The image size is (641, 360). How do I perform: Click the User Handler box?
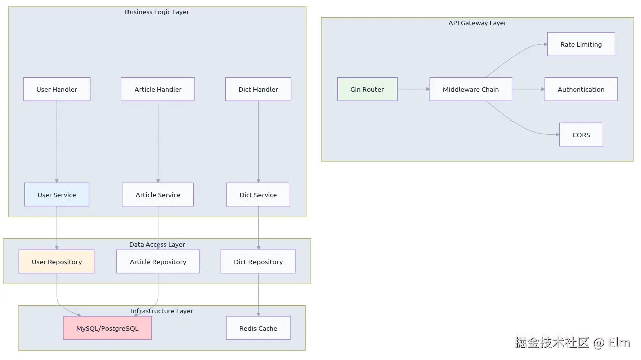pos(57,89)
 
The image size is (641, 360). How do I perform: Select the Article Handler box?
pos(158,89)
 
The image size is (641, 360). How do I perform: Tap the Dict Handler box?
pos(258,89)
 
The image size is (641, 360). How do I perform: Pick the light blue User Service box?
pos(57,195)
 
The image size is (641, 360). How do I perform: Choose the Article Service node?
pos(158,195)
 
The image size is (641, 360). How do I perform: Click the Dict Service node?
pos(258,195)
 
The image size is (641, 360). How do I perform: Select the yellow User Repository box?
pos(57,262)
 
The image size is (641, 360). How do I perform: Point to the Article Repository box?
pos(158,262)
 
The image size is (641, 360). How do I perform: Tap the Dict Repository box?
pos(258,262)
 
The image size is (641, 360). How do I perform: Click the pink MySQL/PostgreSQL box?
pos(107,328)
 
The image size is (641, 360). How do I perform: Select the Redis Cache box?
pos(258,328)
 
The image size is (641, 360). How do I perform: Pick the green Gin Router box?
pos(367,89)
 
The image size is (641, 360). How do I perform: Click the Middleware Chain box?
pos(470,89)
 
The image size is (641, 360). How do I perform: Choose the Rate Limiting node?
pos(581,44)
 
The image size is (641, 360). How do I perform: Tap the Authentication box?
pos(581,89)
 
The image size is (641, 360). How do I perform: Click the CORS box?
pos(581,135)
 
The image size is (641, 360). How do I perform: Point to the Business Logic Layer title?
pos(157,12)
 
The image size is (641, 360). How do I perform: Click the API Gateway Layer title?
pos(477,23)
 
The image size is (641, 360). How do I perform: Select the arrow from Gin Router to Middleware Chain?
pos(413,89)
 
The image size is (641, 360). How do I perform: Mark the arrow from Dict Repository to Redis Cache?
pos(258,295)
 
